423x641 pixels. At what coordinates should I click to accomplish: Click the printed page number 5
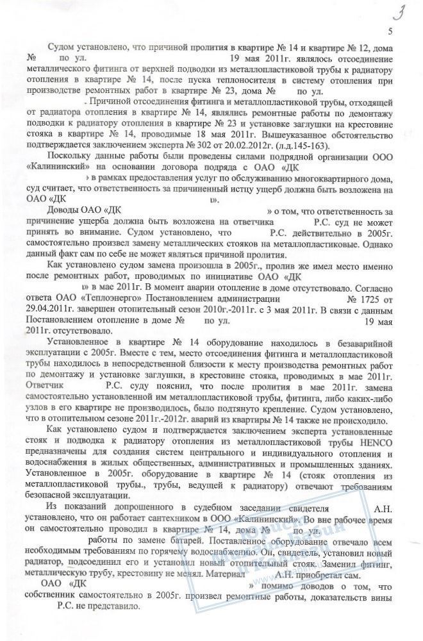(390, 32)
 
